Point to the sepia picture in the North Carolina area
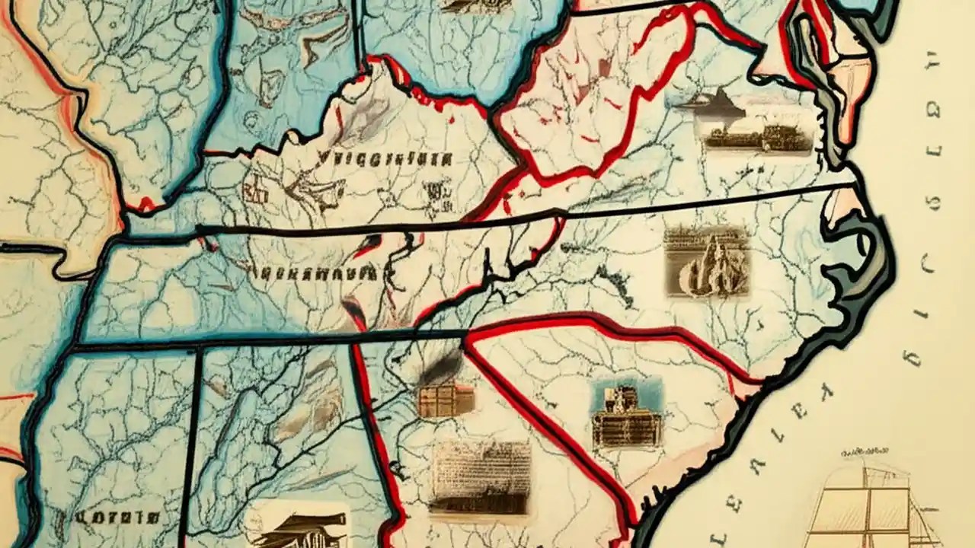pyautogui.click(x=706, y=260)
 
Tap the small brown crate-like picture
pyautogui.click(x=446, y=400)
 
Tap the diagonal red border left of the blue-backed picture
pyautogui.click(x=548, y=426)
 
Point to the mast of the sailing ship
pyautogui.click(x=865, y=495)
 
